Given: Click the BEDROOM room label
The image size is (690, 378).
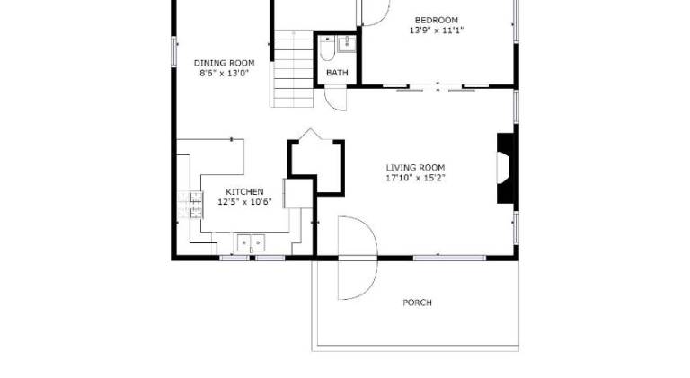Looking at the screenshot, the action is pyautogui.click(x=436, y=21).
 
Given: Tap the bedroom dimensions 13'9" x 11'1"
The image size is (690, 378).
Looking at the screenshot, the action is pyautogui.click(x=436, y=31).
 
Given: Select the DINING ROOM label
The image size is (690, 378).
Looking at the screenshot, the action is pyautogui.click(x=225, y=63).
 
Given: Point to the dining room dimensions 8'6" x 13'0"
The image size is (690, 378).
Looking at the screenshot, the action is pyautogui.click(x=225, y=73).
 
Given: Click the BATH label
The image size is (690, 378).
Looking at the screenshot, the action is pyautogui.click(x=337, y=73).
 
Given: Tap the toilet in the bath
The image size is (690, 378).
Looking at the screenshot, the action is pyautogui.click(x=327, y=48).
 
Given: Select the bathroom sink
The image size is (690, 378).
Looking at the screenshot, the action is pyautogui.click(x=347, y=44).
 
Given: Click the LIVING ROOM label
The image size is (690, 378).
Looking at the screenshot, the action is pyautogui.click(x=415, y=168).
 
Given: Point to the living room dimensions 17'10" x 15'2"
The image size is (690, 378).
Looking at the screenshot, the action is pyautogui.click(x=415, y=178).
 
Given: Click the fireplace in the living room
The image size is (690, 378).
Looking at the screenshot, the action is pyautogui.click(x=505, y=168).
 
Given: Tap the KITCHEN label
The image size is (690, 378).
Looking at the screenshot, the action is pyautogui.click(x=244, y=191).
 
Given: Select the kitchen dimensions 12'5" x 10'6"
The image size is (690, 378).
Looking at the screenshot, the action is pyautogui.click(x=244, y=202).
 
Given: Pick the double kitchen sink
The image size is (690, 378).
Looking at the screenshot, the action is pyautogui.click(x=251, y=242).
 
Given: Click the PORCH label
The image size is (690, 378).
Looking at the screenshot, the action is pyautogui.click(x=417, y=303).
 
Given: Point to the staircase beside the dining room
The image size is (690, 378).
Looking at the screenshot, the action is pyautogui.click(x=293, y=68).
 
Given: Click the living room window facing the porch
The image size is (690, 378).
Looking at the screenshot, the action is pyautogui.click(x=449, y=258).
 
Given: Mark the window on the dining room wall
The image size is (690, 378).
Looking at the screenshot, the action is pyautogui.click(x=173, y=51).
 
